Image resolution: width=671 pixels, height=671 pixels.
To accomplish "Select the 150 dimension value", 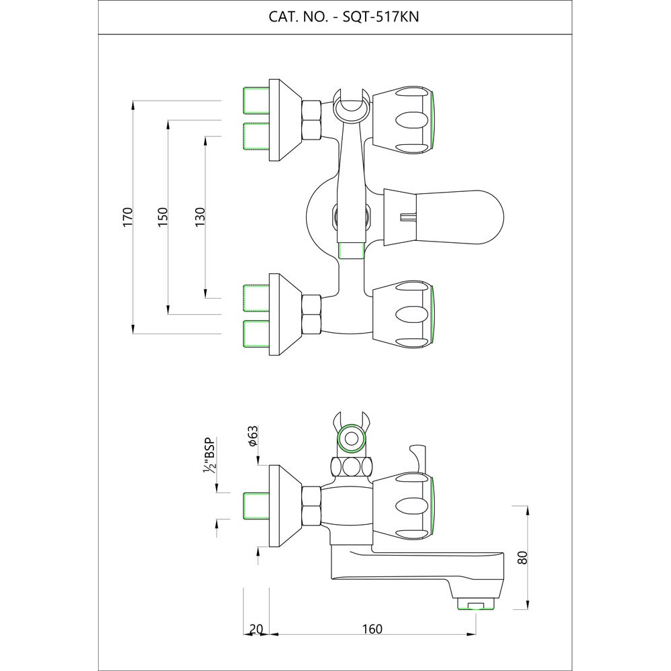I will (162, 217).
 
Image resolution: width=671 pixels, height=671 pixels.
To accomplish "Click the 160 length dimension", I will (371, 629).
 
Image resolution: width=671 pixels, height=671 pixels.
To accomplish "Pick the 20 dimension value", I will (256, 629).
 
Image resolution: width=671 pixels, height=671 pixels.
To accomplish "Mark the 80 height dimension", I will (523, 556).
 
